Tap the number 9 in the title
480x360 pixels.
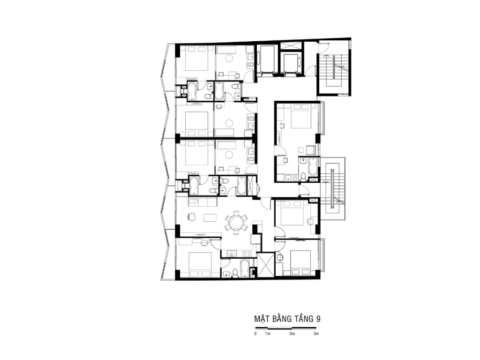(318, 319)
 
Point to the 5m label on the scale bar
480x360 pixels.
(316, 334)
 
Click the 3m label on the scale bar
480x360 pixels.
(292, 334)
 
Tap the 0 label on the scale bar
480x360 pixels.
(255, 334)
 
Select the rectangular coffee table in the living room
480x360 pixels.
(210, 217)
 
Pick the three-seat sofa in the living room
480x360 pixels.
(202, 202)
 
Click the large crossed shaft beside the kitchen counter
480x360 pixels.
(265, 265)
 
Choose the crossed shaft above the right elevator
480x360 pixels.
(291, 45)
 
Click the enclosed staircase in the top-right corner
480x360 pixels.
(333, 71)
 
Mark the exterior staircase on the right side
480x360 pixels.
(333, 189)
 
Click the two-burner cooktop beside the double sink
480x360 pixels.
(247, 254)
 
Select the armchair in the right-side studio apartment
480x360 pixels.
(310, 150)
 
